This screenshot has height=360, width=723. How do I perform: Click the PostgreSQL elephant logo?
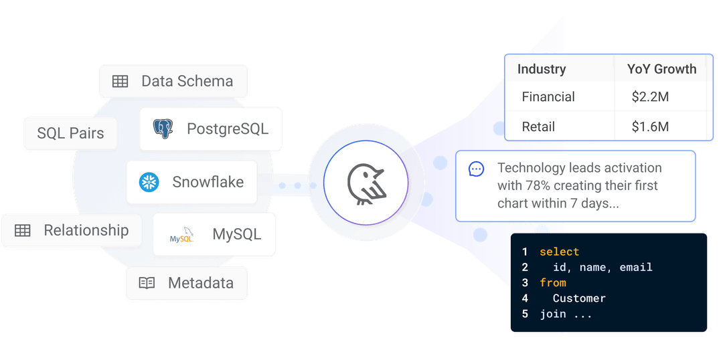pos(163,128)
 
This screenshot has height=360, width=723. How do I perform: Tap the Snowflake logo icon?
pos(149,182)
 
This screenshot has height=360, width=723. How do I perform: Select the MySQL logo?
pos(181,235)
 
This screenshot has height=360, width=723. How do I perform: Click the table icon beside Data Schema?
pos(120,82)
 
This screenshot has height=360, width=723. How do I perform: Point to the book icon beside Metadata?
pos(147,283)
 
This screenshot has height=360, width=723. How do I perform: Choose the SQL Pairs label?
pos(70,133)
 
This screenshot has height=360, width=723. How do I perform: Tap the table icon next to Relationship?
pos(23,231)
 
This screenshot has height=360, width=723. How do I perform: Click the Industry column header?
pos(542,69)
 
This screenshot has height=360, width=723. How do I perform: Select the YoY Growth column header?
pos(661,69)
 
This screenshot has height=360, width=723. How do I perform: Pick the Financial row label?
pos(548,97)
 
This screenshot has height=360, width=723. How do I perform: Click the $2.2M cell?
pos(650,97)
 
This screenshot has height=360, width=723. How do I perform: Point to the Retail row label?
pos(538,126)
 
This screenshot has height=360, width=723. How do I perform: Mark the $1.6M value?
pos(650,126)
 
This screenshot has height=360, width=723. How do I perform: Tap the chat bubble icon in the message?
pos(476,169)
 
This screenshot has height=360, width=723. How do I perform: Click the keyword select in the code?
pos(559,252)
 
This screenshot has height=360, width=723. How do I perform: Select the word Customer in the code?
pos(579,298)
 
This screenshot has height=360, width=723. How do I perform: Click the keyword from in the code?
pos(553,283)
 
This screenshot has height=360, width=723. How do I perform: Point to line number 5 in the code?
pos(525,314)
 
